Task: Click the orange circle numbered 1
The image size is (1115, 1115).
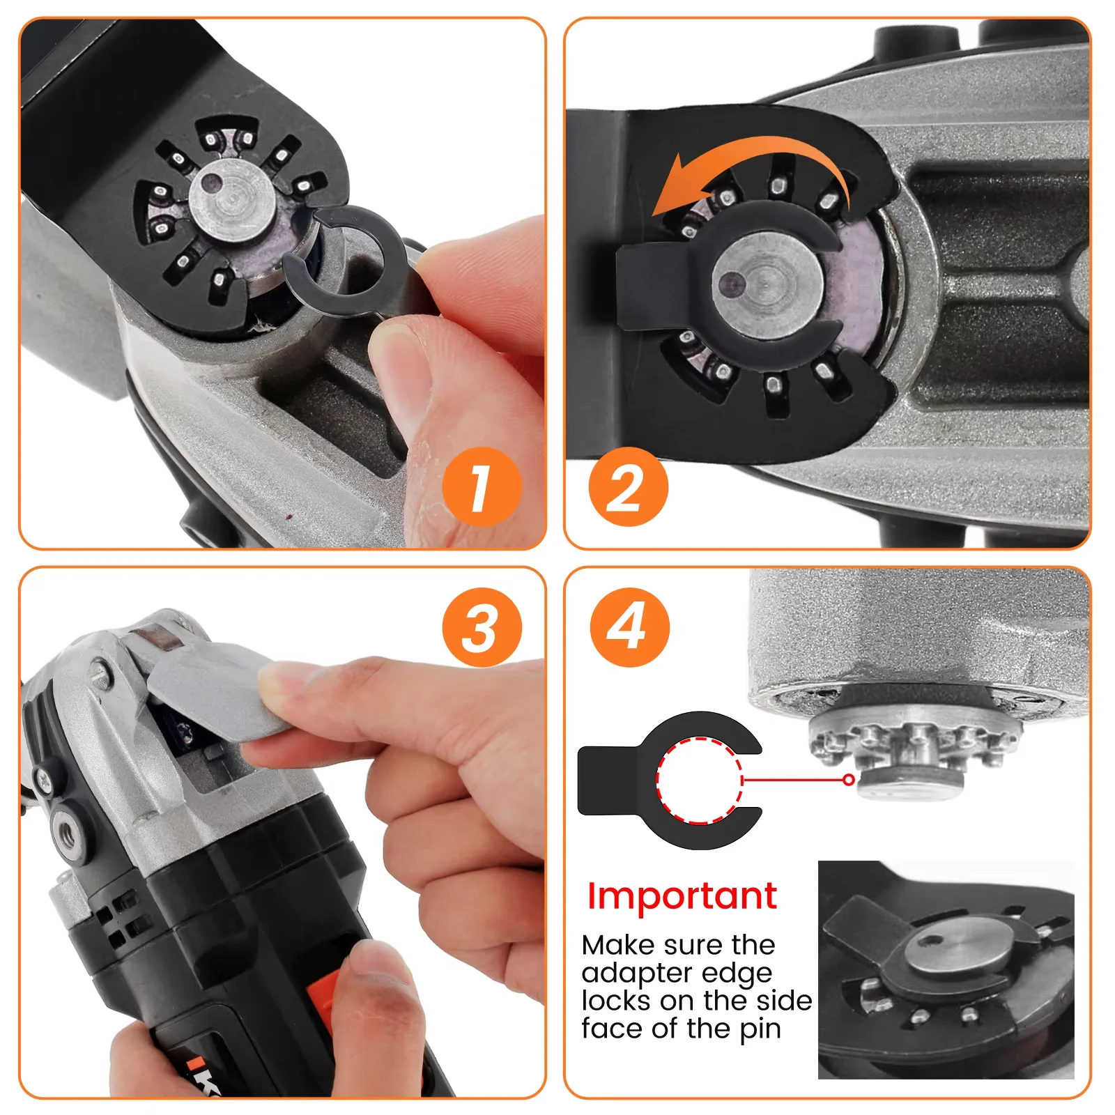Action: (482, 487)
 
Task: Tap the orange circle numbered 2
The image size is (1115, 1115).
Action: (628, 487)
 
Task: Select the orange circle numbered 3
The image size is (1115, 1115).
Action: (482, 627)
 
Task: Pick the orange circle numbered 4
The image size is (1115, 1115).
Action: (629, 627)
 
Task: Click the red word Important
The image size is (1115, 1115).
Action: (682, 895)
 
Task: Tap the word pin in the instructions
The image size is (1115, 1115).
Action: (760, 1029)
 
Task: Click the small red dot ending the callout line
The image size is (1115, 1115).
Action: (848, 780)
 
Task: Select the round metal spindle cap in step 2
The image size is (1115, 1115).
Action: (767, 285)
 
